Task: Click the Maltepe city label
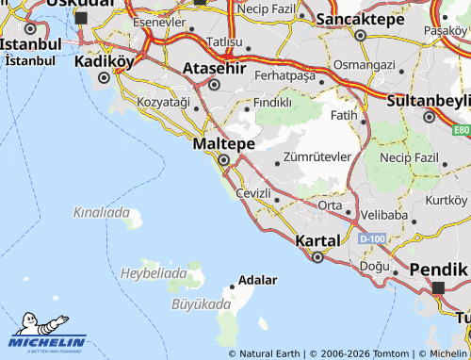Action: click(223, 143)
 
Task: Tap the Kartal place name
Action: click(317, 241)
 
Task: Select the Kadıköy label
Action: click(105, 60)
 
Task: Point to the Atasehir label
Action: click(214, 69)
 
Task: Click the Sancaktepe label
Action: click(359, 19)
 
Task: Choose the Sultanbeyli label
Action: click(428, 99)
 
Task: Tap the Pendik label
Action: click(439, 270)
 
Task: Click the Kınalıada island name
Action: click(101, 213)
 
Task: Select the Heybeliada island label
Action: click(154, 272)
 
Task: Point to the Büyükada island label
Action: click(201, 304)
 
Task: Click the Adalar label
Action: click(258, 280)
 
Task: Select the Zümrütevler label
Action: click(317, 156)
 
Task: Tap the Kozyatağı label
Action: click(164, 102)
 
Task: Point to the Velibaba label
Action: click(383, 215)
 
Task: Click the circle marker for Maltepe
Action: click(223, 161)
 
